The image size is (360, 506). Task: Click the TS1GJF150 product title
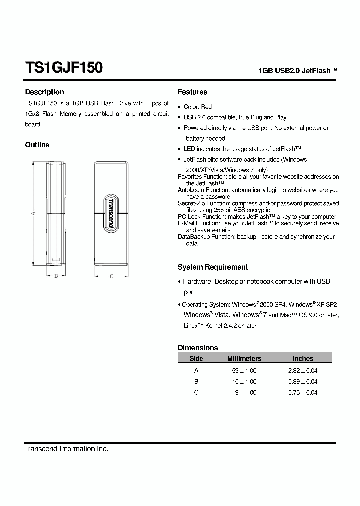click(64, 68)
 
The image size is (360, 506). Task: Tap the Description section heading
click(44, 92)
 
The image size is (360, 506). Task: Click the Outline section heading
click(37, 145)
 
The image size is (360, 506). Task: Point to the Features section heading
click(192, 92)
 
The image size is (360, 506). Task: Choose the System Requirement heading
click(212, 267)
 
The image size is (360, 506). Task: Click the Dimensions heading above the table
click(198, 347)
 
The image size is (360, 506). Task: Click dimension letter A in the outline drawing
click(33, 213)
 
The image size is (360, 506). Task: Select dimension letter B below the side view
click(56, 276)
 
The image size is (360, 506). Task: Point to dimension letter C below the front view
click(111, 276)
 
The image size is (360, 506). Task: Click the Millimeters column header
click(244, 358)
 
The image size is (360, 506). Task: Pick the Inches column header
click(303, 358)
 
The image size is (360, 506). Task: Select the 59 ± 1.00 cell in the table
click(244, 370)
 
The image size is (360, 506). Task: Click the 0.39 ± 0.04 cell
click(303, 381)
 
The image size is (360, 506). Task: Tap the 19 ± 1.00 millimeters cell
click(244, 392)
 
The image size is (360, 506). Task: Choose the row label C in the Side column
click(196, 392)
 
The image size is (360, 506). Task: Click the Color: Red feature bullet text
click(198, 107)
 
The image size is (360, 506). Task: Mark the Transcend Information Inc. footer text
click(66, 449)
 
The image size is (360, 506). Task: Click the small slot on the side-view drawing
click(55, 260)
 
